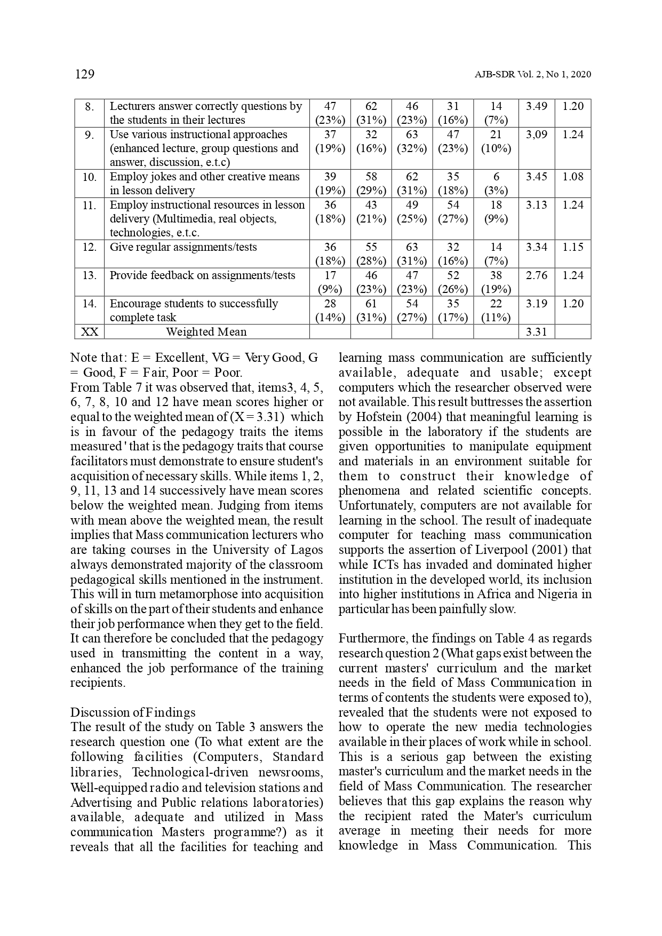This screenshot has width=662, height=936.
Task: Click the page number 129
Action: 85,74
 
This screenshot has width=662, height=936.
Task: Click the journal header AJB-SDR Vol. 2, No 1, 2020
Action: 532,75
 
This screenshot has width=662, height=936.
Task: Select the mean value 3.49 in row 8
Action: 536,106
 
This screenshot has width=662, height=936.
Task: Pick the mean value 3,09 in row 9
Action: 536,134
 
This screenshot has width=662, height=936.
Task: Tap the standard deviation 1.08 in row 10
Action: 573,177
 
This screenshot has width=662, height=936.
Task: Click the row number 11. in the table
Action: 89,205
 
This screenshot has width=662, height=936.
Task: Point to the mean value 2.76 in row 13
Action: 536,275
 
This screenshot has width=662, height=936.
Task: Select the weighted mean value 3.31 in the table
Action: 536,332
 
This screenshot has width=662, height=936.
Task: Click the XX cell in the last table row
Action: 89,332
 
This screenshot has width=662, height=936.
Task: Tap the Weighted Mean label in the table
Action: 206,332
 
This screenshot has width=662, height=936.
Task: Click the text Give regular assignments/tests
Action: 183,247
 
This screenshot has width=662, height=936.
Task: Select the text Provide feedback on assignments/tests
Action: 202,275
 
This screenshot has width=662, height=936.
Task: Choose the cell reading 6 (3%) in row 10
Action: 496,184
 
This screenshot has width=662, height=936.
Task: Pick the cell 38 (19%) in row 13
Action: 496,282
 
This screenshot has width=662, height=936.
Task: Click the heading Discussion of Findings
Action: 133,712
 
